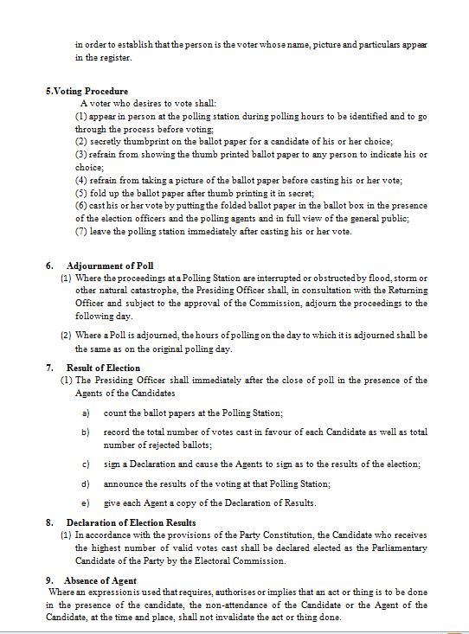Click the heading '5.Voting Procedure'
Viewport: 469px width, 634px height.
click(87, 92)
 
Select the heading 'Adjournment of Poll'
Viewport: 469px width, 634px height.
click(110, 266)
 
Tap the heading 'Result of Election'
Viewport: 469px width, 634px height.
click(103, 368)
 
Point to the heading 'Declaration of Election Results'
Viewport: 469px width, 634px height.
click(131, 522)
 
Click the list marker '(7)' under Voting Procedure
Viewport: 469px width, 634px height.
click(81, 232)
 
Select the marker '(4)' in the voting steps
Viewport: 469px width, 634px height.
click(81, 181)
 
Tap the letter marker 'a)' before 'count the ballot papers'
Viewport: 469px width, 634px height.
click(86, 414)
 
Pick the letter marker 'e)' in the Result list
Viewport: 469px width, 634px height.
click(86, 503)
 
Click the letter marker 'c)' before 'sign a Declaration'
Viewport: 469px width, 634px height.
click(86, 464)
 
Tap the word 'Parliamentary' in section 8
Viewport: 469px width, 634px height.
click(395, 548)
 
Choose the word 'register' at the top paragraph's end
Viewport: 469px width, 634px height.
click(115, 59)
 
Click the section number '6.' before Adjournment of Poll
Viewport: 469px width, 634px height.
click(50, 266)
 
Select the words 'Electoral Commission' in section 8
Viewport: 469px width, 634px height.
click(241, 561)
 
